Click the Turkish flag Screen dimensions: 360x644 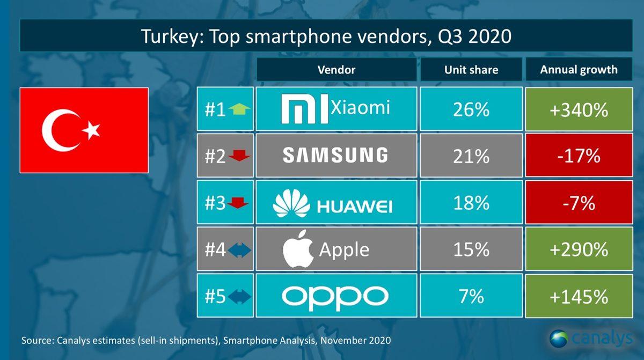point(84,130)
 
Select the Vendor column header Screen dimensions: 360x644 point(336,70)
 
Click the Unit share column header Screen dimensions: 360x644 point(471,70)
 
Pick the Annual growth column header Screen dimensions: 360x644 point(579,70)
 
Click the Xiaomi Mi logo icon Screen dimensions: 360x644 point(304,110)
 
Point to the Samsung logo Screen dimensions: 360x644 point(335,156)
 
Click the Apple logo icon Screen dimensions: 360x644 point(298,250)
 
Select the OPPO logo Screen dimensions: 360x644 point(336,296)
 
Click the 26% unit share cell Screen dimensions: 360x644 point(471,110)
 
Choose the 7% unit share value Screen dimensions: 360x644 point(471,296)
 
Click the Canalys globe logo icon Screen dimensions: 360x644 point(559,339)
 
